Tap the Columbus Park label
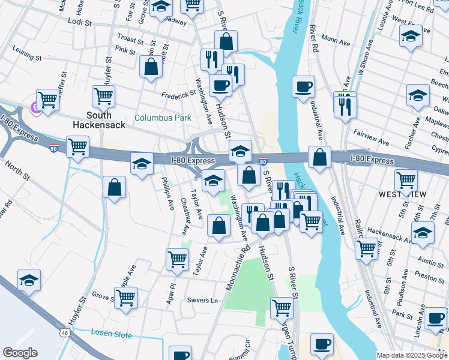click(x=163, y=118)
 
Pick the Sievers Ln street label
click(x=201, y=300)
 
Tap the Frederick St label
click(x=178, y=94)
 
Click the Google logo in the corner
click(x=20, y=352)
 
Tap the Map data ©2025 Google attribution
click(x=411, y=355)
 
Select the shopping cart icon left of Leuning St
click(x=47, y=100)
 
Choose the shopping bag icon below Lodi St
click(x=151, y=67)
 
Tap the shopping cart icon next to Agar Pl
click(x=177, y=259)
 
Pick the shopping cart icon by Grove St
click(x=125, y=297)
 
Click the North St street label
click(x=17, y=171)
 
